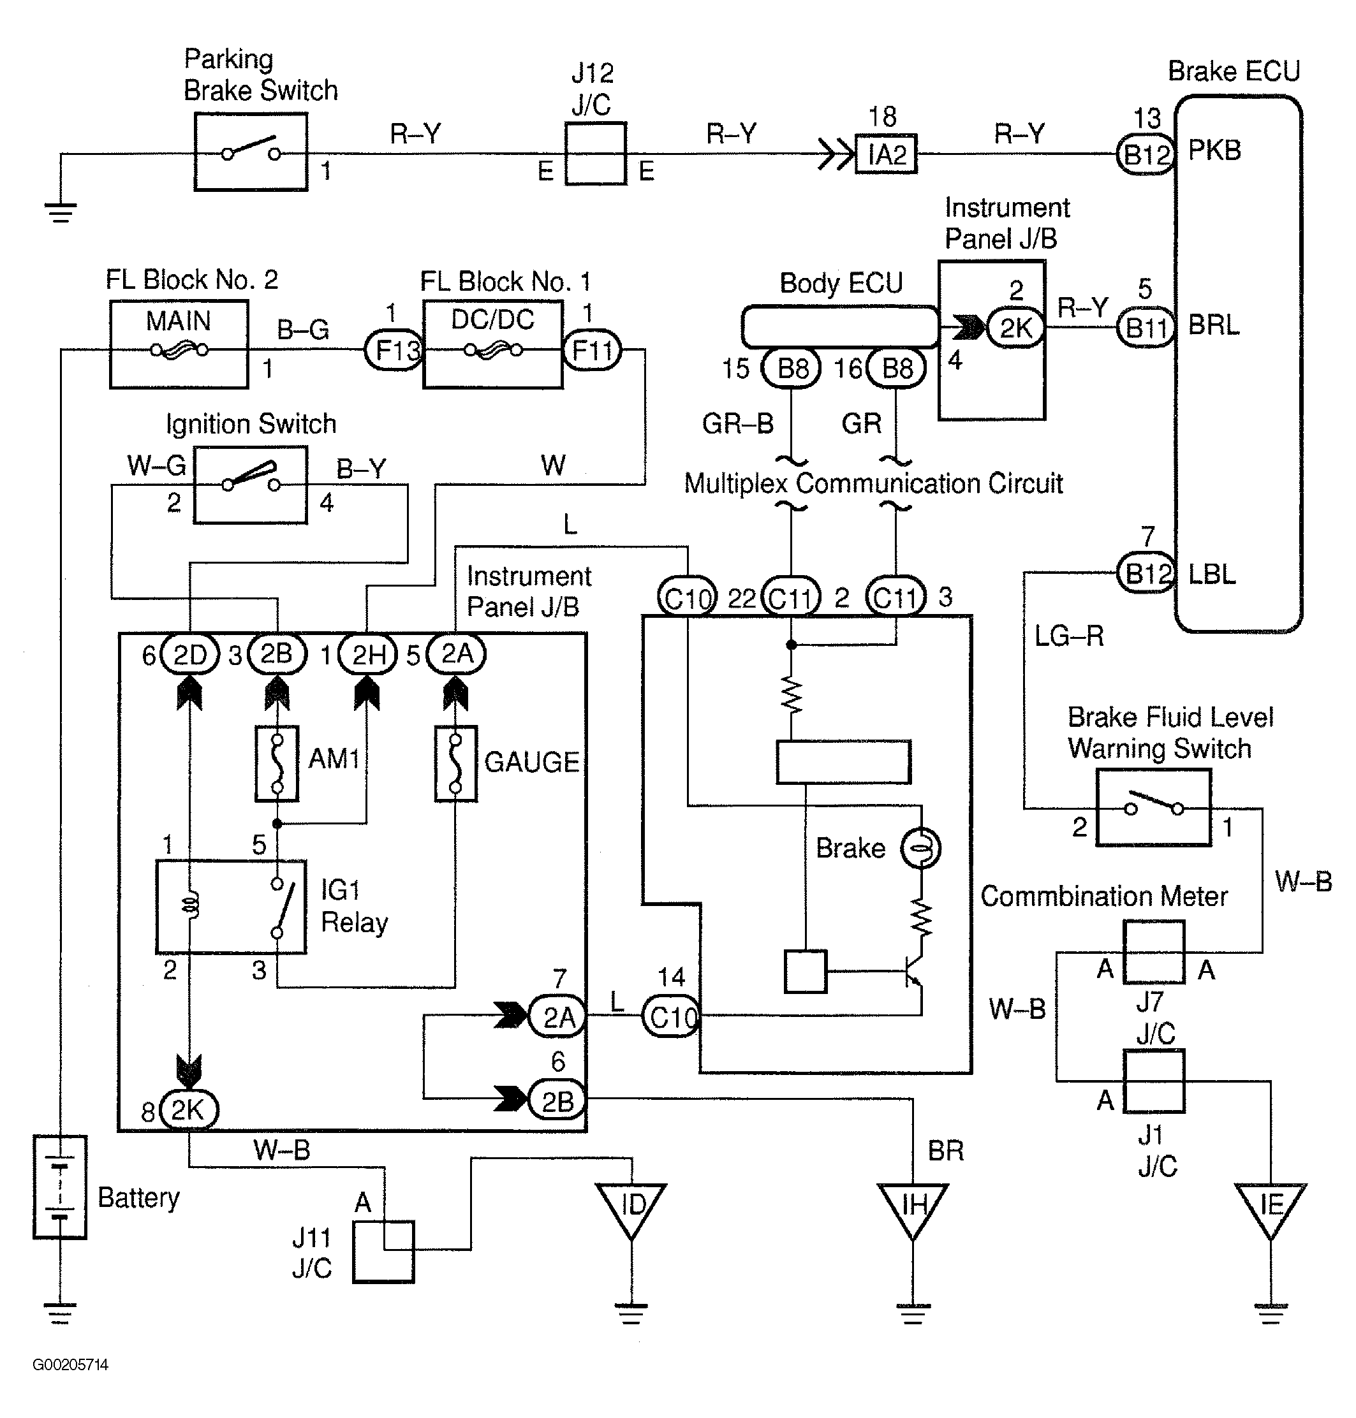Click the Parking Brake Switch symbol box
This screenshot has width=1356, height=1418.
click(251, 152)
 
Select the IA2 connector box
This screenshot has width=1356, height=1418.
click(885, 154)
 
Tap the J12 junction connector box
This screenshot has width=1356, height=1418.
click(595, 153)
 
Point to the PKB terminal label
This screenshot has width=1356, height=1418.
click(1214, 150)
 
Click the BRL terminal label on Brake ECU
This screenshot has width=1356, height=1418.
click(1214, 325)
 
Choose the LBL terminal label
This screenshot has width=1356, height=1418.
click(1212, 574)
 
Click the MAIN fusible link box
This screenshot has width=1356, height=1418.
click(179, 344)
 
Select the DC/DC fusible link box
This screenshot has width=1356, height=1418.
click(492, 345)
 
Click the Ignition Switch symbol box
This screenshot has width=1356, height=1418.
click(250, 484)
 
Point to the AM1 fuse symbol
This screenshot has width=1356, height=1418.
click(277, 763)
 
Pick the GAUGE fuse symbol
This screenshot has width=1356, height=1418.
click(455, 763)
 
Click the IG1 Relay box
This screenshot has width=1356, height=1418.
click(232, 906)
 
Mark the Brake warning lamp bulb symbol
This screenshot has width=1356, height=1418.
click(920, 848)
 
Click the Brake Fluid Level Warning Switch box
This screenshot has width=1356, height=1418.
click(1154, 807)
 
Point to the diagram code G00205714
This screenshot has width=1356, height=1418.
click(70, 1364)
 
